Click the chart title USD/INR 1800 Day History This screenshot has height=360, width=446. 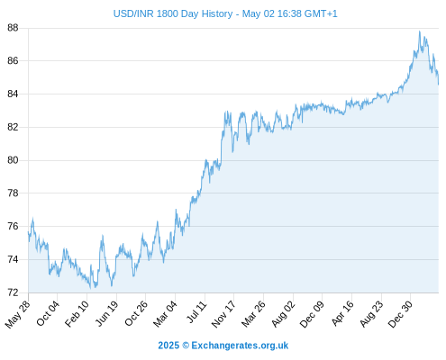(173, 13)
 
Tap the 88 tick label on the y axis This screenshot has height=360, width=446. (13, 28)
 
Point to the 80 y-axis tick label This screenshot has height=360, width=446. (13, 160)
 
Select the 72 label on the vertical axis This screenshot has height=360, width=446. (13, 292)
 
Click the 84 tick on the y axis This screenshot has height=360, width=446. (13, 94)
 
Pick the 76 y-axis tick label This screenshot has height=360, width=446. (13, 226)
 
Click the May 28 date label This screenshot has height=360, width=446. (18, 314)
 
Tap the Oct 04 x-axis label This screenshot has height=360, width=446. (48, 313)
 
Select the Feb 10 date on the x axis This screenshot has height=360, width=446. (77, 313)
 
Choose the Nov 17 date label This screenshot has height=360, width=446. (223, 314)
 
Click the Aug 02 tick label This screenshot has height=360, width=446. (283, 314)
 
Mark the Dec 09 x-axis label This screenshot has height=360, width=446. (312, 314)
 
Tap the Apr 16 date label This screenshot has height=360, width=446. (342, 313)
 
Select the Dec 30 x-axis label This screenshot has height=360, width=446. (400, 314)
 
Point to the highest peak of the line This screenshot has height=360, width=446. (420, 31)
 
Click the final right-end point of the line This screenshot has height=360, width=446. (439, 85)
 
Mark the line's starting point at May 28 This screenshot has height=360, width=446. (28, 232)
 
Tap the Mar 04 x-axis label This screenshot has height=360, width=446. (166, 313)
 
